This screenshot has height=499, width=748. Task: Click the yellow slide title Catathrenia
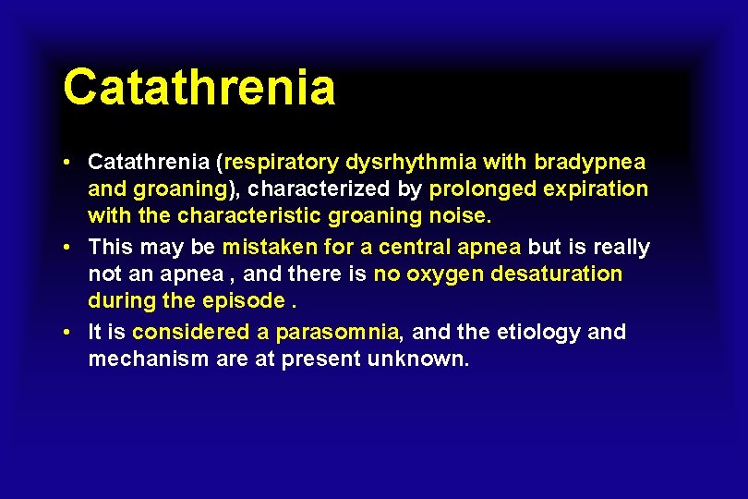click(x=199, y=89)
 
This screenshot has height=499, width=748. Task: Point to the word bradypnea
click(x=590, y=163)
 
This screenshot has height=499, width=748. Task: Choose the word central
click(x=395, y=248)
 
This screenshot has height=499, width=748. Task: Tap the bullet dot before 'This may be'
click(x=69, y=248)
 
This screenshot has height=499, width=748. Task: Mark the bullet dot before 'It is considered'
click(x=69, y=332)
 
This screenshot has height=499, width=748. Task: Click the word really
click(x=621, y=248)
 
